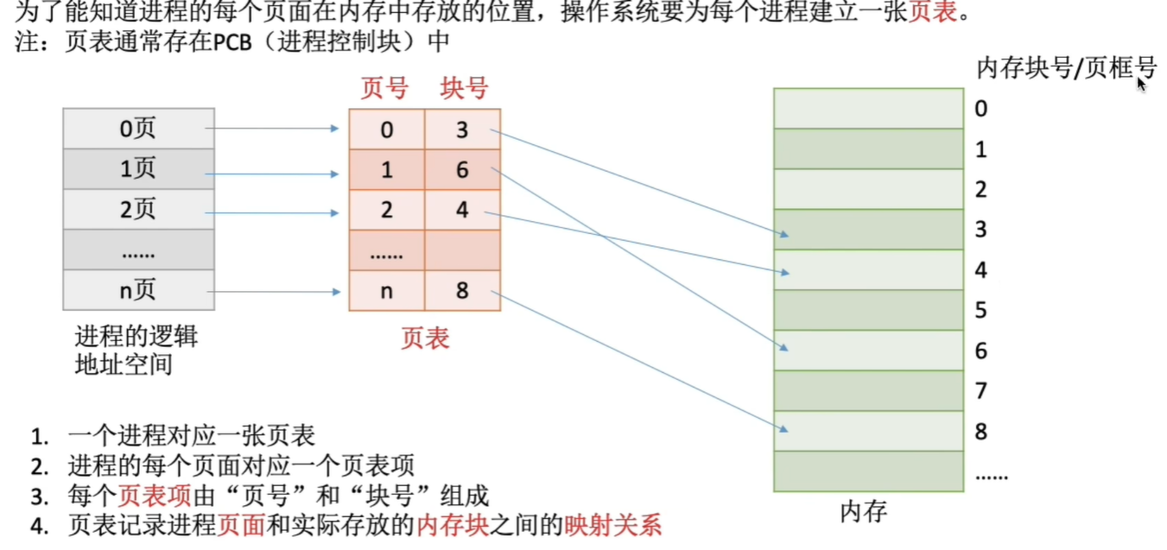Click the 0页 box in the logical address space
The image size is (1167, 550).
click(138, 129)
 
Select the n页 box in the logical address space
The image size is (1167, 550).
click(138, 290)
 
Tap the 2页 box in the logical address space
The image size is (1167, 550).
click(138, 210)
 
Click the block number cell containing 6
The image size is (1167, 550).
click(462, 170)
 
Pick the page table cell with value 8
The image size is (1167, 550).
click(462, 291)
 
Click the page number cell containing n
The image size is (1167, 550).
click(386, 291)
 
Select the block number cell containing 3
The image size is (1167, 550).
click(462, 130)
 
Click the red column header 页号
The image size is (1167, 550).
click(384, 88)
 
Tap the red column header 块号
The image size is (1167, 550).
click(464, 88)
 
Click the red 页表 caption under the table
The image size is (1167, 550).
click(425, 338)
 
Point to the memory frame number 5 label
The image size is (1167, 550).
click(980, 310)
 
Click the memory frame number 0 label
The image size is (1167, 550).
click(980, 109)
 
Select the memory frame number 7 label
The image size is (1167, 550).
click(980, 391)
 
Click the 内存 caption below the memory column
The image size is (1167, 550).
click(864, 512)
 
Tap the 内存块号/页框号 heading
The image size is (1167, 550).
click(1066, 68)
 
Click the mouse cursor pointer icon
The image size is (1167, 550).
click(1142, 84)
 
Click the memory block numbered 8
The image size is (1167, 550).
click(868, 431)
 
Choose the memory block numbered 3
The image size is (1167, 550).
click(868, 230)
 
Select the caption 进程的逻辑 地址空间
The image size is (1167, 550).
click(136, 350)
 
